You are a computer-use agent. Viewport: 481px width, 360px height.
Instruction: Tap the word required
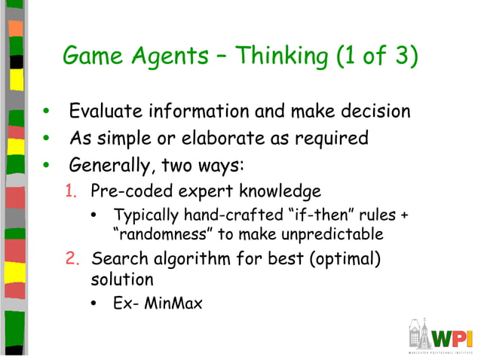point(332,139)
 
